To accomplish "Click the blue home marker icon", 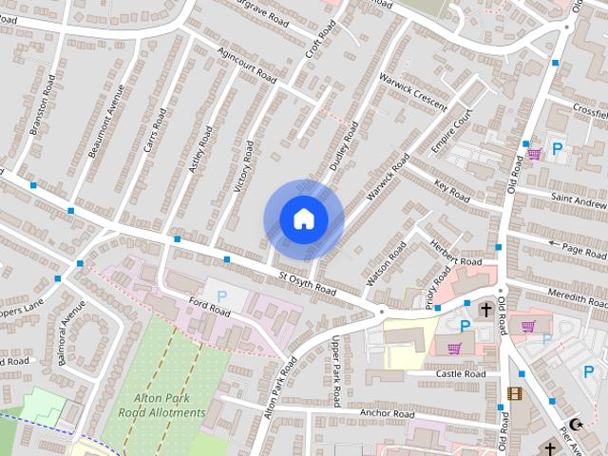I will pos(303,219).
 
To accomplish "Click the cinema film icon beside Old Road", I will pos(514,393).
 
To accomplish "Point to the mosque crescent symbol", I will pos(573,424).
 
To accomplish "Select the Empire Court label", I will pos(451,134).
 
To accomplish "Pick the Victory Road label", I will pos(243,168).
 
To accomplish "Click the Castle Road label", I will pos(461,374).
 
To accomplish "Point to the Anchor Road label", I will pos(387,414).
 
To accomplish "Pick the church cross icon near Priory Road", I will pos(486,309).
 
